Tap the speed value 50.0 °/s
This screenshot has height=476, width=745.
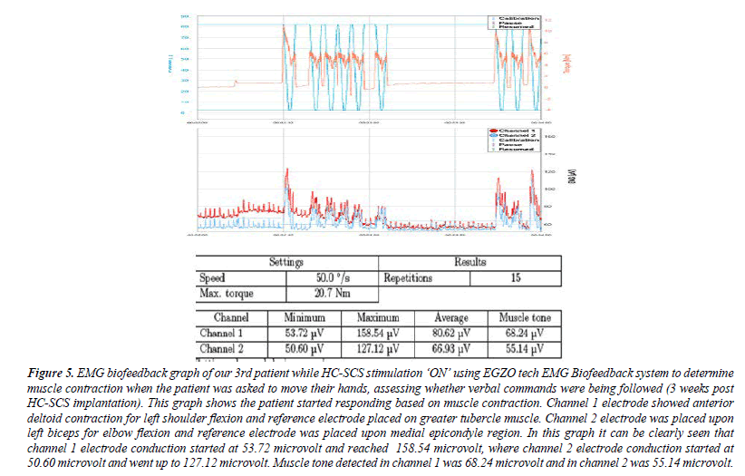tap(332, 278)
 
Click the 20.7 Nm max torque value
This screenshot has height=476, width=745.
tap(332, 294)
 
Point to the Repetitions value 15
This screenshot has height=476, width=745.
tap(514, 278)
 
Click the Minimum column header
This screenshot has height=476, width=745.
tap(304, 318)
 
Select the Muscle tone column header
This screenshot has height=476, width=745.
tap(525, 318)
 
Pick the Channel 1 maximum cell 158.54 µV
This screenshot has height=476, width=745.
tap(378, 333)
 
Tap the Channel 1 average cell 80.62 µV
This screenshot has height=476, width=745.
tap(451, 333)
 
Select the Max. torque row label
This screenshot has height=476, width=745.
tap(230, 294)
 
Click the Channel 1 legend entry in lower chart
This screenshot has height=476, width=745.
tap(519, 131)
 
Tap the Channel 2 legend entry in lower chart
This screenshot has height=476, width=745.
tap(519, 138)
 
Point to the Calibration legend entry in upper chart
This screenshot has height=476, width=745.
tap(524, 17)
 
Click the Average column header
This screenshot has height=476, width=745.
tap(451, 318)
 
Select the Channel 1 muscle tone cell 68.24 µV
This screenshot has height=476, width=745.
tap(525, 333)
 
